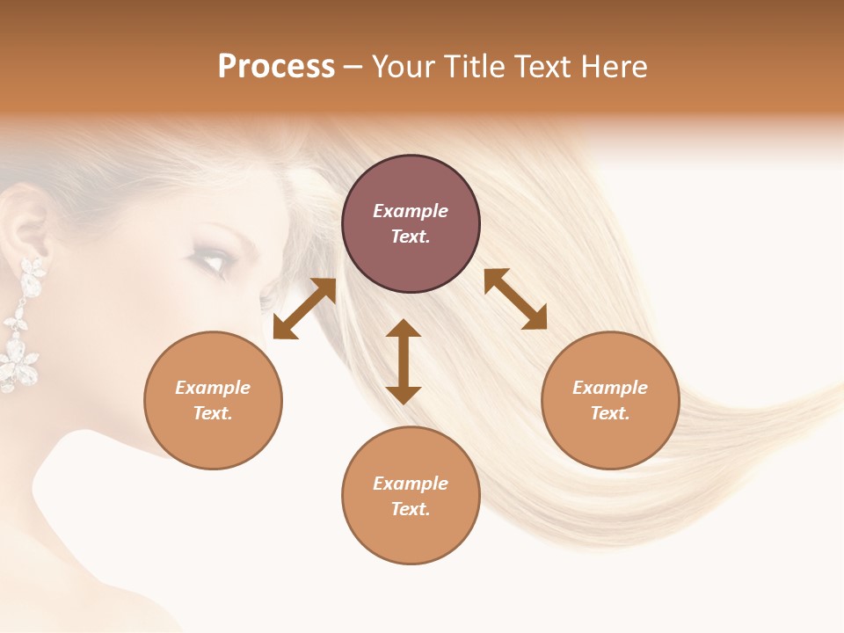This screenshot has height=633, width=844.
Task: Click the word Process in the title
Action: coord(276,67)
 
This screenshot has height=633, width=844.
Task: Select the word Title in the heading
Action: coord(475,67)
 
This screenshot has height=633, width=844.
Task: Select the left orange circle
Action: coord(213,400)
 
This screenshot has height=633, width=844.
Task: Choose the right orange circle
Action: coord(610,400)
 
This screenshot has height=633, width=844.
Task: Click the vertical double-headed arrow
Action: coord(404,361)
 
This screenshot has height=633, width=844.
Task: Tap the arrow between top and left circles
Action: coord(304,308)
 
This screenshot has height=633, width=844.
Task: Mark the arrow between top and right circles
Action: coord(515,299)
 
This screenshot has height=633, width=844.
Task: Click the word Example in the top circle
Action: coord(411,211)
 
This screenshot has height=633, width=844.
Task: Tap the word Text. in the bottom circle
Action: coord(411,509)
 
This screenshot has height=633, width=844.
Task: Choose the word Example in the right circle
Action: coord(610,388)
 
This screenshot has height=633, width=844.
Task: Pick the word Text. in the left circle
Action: coord(213,413)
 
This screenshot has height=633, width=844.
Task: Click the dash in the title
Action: coord(353,67)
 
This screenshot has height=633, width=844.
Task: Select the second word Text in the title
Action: coord(540,67)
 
